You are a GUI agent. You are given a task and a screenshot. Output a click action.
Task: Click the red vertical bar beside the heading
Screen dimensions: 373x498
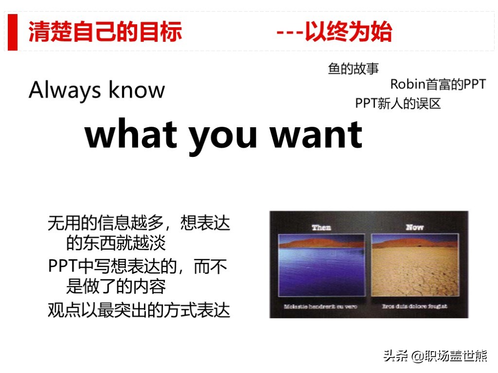pyautogui.click(x=13, y=32)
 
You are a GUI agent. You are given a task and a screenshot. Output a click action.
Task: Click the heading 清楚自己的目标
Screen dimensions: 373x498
pyautogui.click(x=105, y=32)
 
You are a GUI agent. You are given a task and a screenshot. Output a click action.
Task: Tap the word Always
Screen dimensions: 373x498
pyautogui.click(x=65, y=91)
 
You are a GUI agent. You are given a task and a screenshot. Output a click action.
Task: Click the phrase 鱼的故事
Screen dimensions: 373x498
pyautogui.click(x=354, y=69)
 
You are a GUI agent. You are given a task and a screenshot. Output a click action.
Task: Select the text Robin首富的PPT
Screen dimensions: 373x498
pyautogui.click(x=438, y=85)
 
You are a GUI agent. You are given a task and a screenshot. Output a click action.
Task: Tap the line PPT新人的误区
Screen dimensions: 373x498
pyautogui.click(x=398, y=103)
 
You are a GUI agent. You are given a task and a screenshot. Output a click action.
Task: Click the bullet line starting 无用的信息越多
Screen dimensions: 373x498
pyautogui.click(x=139, y=223)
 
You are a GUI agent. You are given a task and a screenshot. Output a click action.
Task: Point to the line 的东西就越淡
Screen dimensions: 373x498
pyautogui.click(x=116, y=243)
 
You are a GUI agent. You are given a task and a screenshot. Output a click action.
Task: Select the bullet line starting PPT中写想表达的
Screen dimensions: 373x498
pyautogui.click(x=138, y=267)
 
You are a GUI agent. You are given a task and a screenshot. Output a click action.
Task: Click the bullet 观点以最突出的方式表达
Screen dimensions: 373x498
pyautogui.click(x=139, y=310)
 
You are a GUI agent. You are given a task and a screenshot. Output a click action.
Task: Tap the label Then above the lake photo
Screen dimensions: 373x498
pyautogui.click(x=321, y=227)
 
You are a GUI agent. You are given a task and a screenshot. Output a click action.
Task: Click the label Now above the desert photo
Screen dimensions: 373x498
pyautogui.click(x=414, y=227)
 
